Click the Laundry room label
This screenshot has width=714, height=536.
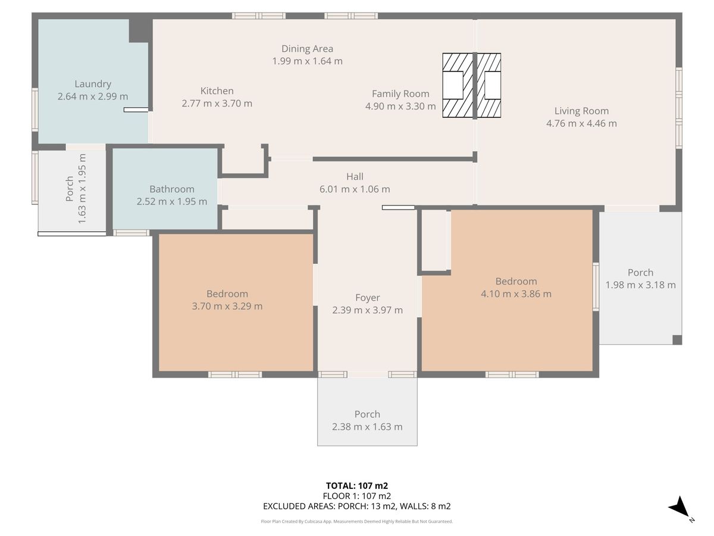[93, 84]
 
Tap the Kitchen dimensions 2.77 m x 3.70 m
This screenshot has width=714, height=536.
[217, 104]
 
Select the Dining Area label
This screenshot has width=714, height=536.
[307, 49]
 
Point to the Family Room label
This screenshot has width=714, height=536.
[400, 94]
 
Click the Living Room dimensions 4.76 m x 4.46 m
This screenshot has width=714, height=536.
[581, 123]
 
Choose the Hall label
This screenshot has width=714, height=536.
[355, 177]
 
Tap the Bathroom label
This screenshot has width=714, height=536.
[172, 189]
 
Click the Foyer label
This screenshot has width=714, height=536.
[367, 298]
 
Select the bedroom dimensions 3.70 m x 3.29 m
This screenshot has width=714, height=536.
[227, 306]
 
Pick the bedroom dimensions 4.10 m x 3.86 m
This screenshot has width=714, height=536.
[516, 294]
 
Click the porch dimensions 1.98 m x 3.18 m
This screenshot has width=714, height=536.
[640, 285]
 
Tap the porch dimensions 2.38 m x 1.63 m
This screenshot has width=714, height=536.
[367, 426]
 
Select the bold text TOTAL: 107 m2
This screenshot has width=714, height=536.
[357, 486]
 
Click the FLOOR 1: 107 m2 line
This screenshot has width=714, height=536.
[357, 496]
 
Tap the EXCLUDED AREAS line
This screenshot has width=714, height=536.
[357, 506]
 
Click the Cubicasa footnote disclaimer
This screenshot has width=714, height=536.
[357, 521]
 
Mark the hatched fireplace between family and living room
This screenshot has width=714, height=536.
[472, 85]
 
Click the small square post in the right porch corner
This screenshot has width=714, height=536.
[677, 339]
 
